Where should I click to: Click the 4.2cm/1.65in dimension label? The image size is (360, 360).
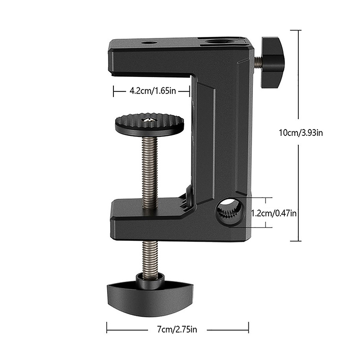153,91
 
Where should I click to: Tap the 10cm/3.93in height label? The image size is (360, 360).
301,133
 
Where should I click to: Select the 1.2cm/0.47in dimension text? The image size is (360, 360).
274,213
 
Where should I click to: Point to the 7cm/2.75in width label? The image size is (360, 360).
177,329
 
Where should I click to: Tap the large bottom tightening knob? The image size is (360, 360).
150,298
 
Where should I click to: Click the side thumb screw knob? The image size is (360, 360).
272,63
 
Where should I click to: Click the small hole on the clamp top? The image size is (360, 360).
148,43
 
